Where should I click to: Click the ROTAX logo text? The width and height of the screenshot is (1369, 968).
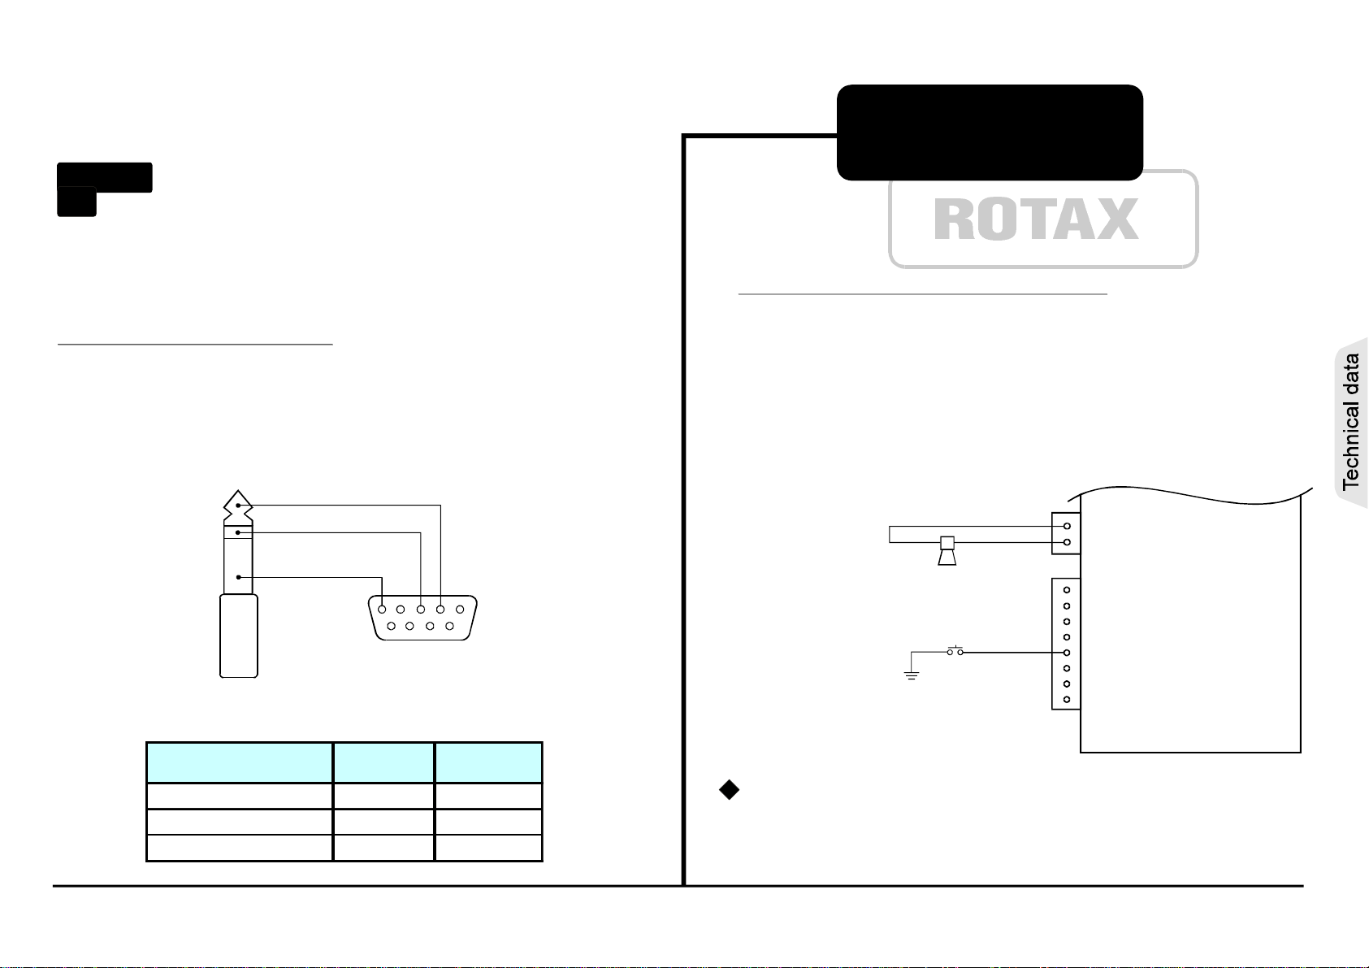coord(1036,219)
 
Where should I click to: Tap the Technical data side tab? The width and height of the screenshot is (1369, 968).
coord(1351,422)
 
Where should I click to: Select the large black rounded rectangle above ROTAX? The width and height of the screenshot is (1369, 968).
coord(990,132)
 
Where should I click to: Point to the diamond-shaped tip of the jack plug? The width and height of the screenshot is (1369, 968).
coord(238,505)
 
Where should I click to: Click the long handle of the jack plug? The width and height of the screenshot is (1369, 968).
coord(238,636)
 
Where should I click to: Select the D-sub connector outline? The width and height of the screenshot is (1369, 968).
coord(422,618)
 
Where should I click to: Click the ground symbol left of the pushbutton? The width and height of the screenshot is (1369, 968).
coord(912,675)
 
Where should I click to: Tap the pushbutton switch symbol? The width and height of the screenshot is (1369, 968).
coord(955,651)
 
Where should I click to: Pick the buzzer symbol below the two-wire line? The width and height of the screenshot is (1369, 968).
coord(947,551)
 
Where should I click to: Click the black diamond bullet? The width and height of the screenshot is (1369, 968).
coord(729,789)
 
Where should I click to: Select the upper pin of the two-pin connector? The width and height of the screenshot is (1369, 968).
coord(1067,526)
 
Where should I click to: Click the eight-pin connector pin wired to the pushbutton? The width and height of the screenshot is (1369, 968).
coord(1067,653)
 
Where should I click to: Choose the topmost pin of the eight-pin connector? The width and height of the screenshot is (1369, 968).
coord(1067,590)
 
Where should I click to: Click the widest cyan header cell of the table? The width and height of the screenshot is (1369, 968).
coord(240,762)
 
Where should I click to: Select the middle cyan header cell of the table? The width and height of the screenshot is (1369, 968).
coord(383,762)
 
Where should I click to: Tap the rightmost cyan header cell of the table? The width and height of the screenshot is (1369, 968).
coord(488,762)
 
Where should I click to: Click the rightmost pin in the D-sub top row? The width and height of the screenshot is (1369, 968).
coord(460,609)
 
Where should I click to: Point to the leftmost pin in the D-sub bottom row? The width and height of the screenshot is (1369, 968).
coord(391,626)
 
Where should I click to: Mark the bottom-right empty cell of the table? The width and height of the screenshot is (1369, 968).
coord(488,848)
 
